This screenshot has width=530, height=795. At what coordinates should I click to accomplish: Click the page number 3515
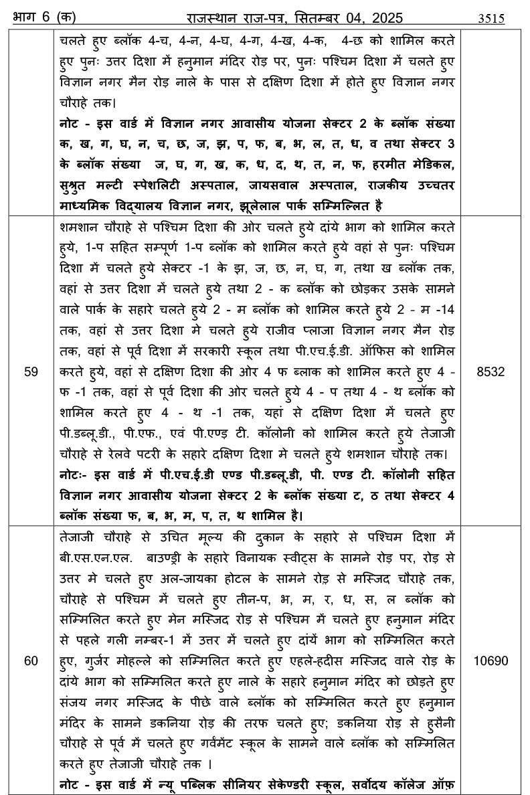pyautogui.click(x=491, y=19)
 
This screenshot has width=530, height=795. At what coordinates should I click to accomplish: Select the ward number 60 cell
pyautogui.click(x=31, y=660)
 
